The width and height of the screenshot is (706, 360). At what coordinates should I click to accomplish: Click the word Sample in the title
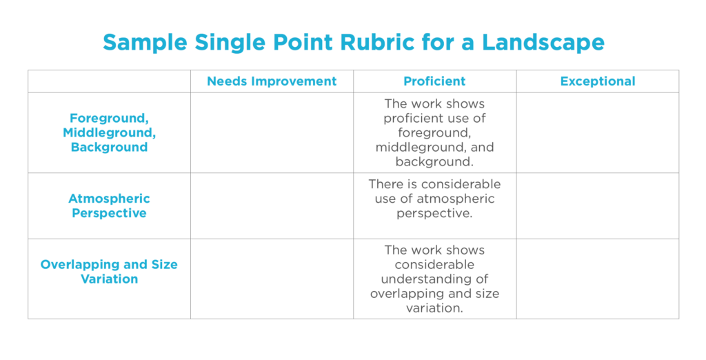[145, 43]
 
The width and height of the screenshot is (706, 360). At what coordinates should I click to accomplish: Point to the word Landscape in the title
[543, 43]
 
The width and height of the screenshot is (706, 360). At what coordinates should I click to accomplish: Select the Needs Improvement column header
[272, 81]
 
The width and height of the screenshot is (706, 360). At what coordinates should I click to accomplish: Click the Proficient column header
[434, 81]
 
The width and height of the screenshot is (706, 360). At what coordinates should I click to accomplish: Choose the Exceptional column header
[598, 81]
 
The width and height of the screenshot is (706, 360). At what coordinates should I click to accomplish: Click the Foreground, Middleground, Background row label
[110, 132]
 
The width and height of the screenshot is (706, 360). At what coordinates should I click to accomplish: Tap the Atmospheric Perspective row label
[110, 206]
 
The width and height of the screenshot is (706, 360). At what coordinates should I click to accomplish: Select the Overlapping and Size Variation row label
[110, 272]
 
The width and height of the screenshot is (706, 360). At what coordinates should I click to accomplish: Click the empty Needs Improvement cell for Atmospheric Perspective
[272, 206]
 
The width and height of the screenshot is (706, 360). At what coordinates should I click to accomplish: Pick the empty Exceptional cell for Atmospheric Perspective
[598, 206]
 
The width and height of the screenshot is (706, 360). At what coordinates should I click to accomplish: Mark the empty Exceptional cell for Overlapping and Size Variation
[598, 279]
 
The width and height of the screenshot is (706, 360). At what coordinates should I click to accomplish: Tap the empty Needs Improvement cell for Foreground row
[272, 133]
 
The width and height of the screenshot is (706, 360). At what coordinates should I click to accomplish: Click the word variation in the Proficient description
[434, 308]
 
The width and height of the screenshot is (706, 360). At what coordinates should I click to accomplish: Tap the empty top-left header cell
[110, 81]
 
